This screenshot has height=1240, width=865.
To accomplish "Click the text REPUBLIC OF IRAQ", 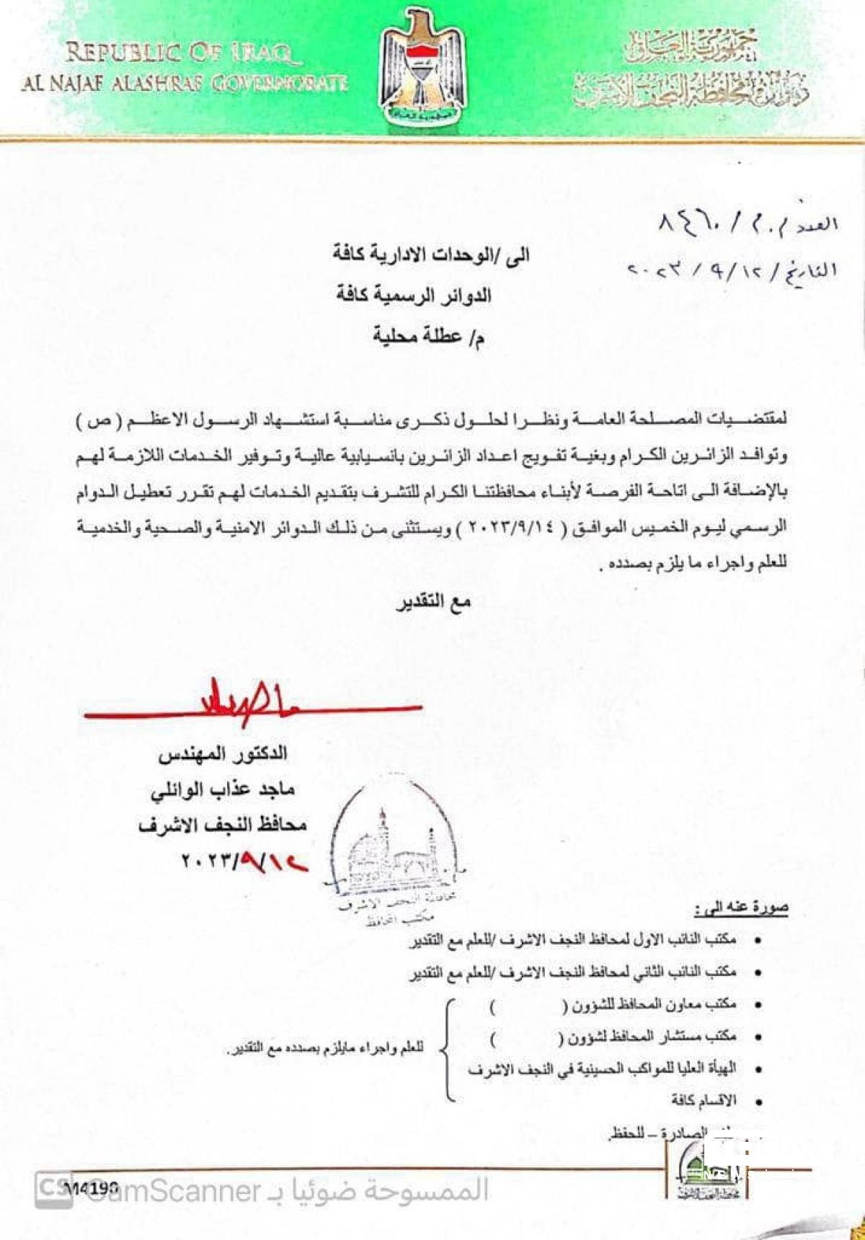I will click(x=179, y=53).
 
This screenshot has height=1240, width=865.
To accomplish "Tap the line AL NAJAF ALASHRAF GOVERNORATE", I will click(x=185, y=83).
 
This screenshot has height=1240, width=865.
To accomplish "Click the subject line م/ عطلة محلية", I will click(x=428, y=336).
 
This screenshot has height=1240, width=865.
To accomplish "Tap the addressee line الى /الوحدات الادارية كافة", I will click(x=431, y=254).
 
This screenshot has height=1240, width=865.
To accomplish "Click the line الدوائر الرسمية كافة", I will click(x=414, y=295).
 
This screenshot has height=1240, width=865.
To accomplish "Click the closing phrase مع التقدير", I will click(x=433, y=602).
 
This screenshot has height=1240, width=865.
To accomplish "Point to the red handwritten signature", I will click(x=252, y=703).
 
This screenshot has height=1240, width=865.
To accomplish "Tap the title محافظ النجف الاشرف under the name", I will click(x=223, y=824).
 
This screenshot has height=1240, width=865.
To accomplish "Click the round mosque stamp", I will click(x=393, y=851).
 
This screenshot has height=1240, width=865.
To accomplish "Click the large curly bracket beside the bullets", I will click(x=448, y=1050).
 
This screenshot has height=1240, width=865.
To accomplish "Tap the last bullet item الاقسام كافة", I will click(x=704, y=1100).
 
